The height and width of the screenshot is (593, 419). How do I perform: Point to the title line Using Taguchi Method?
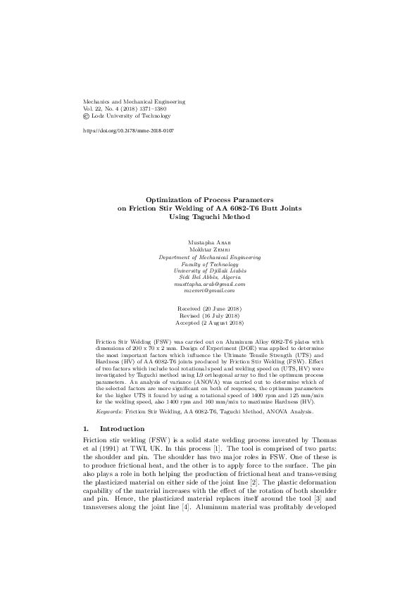click(x=210, y=217)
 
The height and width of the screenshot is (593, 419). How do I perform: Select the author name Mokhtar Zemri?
click(x=210, y=249)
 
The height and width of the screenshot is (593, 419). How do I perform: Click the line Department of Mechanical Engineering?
click(x=210, y=258)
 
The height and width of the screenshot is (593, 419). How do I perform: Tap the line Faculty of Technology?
click(x=210, y=266)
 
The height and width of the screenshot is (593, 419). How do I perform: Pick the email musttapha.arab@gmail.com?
click(x=210, y=283)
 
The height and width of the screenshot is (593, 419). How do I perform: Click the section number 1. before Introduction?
click(x=87, y=428)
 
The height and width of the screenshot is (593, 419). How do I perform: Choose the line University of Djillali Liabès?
click(x=210, y=271)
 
